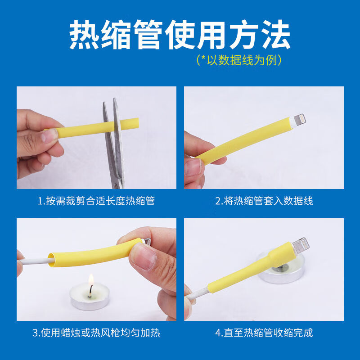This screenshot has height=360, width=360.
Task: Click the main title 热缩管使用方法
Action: [x=180, y=35]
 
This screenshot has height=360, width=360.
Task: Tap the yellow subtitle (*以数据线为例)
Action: [x=239, y=60]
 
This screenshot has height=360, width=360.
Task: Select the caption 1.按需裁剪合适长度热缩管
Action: [x=96, y=201]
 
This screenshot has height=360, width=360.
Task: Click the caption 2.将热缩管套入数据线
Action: [x=264, y=201]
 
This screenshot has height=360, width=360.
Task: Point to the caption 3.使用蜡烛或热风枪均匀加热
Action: [x=96, y=333]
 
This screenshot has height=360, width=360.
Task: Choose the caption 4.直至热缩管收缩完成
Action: [x=264, y=333]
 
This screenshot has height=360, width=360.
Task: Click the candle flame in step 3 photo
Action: [x=90, y=281]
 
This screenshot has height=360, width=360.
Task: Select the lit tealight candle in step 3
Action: [x=90, y=300]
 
